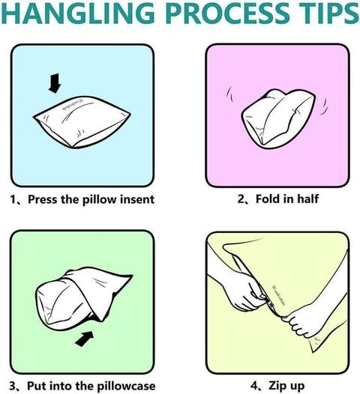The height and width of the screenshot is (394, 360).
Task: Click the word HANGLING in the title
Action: point(77,13)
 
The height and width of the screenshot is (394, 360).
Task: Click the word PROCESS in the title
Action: point(228,13)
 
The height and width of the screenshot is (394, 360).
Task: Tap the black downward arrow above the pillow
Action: point(55,83)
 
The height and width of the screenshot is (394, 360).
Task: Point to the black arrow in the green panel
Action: point(84,339)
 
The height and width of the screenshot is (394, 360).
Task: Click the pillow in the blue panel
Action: point(82,121)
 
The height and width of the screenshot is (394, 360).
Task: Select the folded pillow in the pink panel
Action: point(278,118)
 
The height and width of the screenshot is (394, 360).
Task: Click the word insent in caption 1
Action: point(136,199)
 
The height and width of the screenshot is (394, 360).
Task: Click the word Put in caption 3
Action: point(35,386)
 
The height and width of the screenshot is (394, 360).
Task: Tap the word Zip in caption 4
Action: point(277,386)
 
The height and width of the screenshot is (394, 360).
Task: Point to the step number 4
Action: point(254,386)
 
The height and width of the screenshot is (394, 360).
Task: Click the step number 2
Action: point(241,199)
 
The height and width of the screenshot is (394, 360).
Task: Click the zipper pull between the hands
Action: point(271,305)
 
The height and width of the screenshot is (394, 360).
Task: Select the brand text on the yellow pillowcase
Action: point(279,295)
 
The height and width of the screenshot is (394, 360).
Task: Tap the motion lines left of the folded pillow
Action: point(229,94)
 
